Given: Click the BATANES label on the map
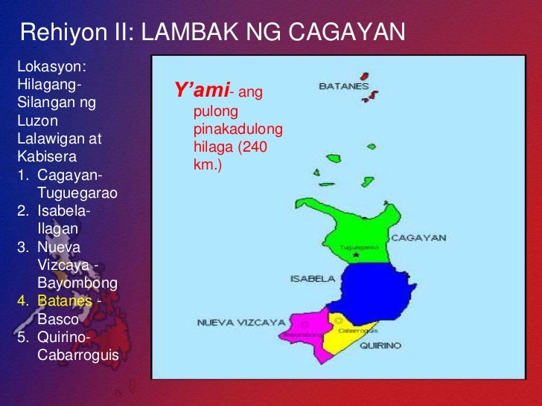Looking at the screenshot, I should (344, 86).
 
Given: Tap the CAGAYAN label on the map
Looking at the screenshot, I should (418, 238).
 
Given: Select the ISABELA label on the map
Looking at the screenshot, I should (313, 279).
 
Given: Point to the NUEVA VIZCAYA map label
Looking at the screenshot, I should (231, 323).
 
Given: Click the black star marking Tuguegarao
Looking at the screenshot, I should (356, 255).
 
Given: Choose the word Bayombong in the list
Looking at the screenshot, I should (77, 283).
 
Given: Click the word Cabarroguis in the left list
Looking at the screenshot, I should (77, 355).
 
